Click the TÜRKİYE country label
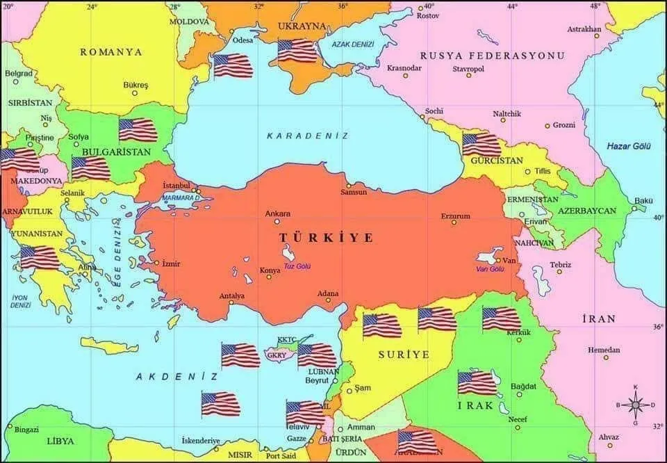[326, 238]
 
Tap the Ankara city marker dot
[277, 222]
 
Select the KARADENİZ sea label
[307, 136]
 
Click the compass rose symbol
[634, 404]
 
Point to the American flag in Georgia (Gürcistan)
[481, 145]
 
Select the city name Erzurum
[456, 216]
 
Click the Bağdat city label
[523, 386]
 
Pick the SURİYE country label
[404, 354]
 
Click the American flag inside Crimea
[297, 51]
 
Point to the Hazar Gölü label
[627, 146]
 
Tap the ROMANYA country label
[111, 52]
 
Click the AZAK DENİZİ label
[352, 44]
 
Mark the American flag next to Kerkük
[501, 318]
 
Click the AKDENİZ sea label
[176, 376]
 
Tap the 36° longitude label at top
[343, 6]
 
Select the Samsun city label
[353, 192]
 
